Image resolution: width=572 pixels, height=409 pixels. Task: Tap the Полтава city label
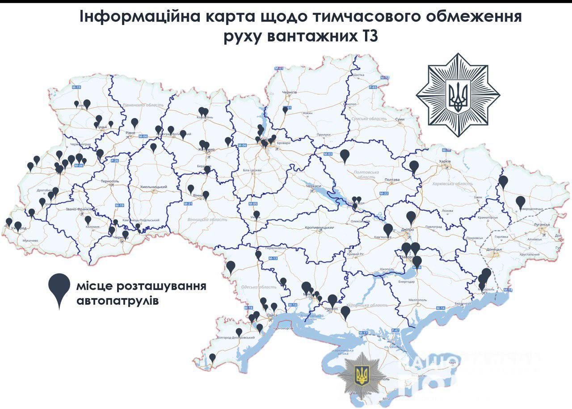pos(392,180)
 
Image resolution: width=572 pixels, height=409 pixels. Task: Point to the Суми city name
pos(400,120)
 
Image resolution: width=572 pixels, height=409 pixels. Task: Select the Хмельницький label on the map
pos(153,187)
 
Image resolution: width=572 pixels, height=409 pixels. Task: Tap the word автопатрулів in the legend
pos(117,301)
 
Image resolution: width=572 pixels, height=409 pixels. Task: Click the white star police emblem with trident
pos(458,95)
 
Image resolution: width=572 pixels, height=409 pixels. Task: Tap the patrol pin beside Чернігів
pos(285,110)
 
